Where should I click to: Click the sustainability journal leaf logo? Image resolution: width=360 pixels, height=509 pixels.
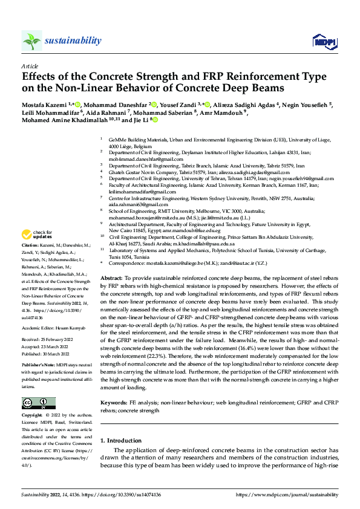pyautogui.click(x=31, y=41)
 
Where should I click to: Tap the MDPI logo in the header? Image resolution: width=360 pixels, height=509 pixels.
pyautogui.click(x=321, y=41)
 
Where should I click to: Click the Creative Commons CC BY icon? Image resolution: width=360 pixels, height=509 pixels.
pyautogui.click(x=39, y=403)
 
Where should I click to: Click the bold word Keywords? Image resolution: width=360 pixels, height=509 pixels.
pyautogui.click(x=113, y=402)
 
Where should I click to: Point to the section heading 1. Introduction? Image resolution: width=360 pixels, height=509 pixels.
pyautogui.click(x=123, y=440)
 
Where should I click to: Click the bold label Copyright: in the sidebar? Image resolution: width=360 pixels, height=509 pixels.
pyautogui.click(x=33, y=416)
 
